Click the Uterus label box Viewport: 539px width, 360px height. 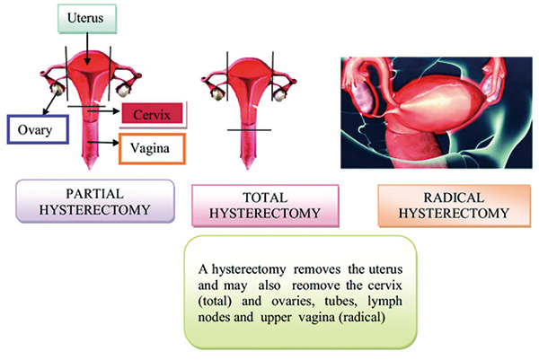(87, 19)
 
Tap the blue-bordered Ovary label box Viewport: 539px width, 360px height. (38, 129)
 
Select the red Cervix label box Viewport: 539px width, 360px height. (152, 113)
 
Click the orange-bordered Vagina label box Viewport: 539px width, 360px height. (152, 148)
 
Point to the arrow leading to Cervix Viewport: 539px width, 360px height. (103, 111)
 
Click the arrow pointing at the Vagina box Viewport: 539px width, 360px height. (103, 142)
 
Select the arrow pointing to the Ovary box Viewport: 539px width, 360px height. (51, 102)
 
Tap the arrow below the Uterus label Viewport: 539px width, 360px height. (87, 48)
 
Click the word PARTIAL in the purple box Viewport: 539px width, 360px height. (95, 194)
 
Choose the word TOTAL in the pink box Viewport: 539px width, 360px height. (265, 198)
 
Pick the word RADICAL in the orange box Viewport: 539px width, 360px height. (454, 198)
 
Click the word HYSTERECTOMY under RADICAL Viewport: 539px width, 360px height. (454, 214)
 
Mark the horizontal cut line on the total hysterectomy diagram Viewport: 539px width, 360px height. (249, 130)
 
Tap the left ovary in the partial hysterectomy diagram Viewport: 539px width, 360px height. (57, 89)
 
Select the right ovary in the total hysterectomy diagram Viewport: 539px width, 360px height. (279, 95)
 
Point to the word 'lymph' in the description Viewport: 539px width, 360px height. (384, 302)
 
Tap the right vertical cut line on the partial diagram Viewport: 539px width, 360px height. (110, 74)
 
